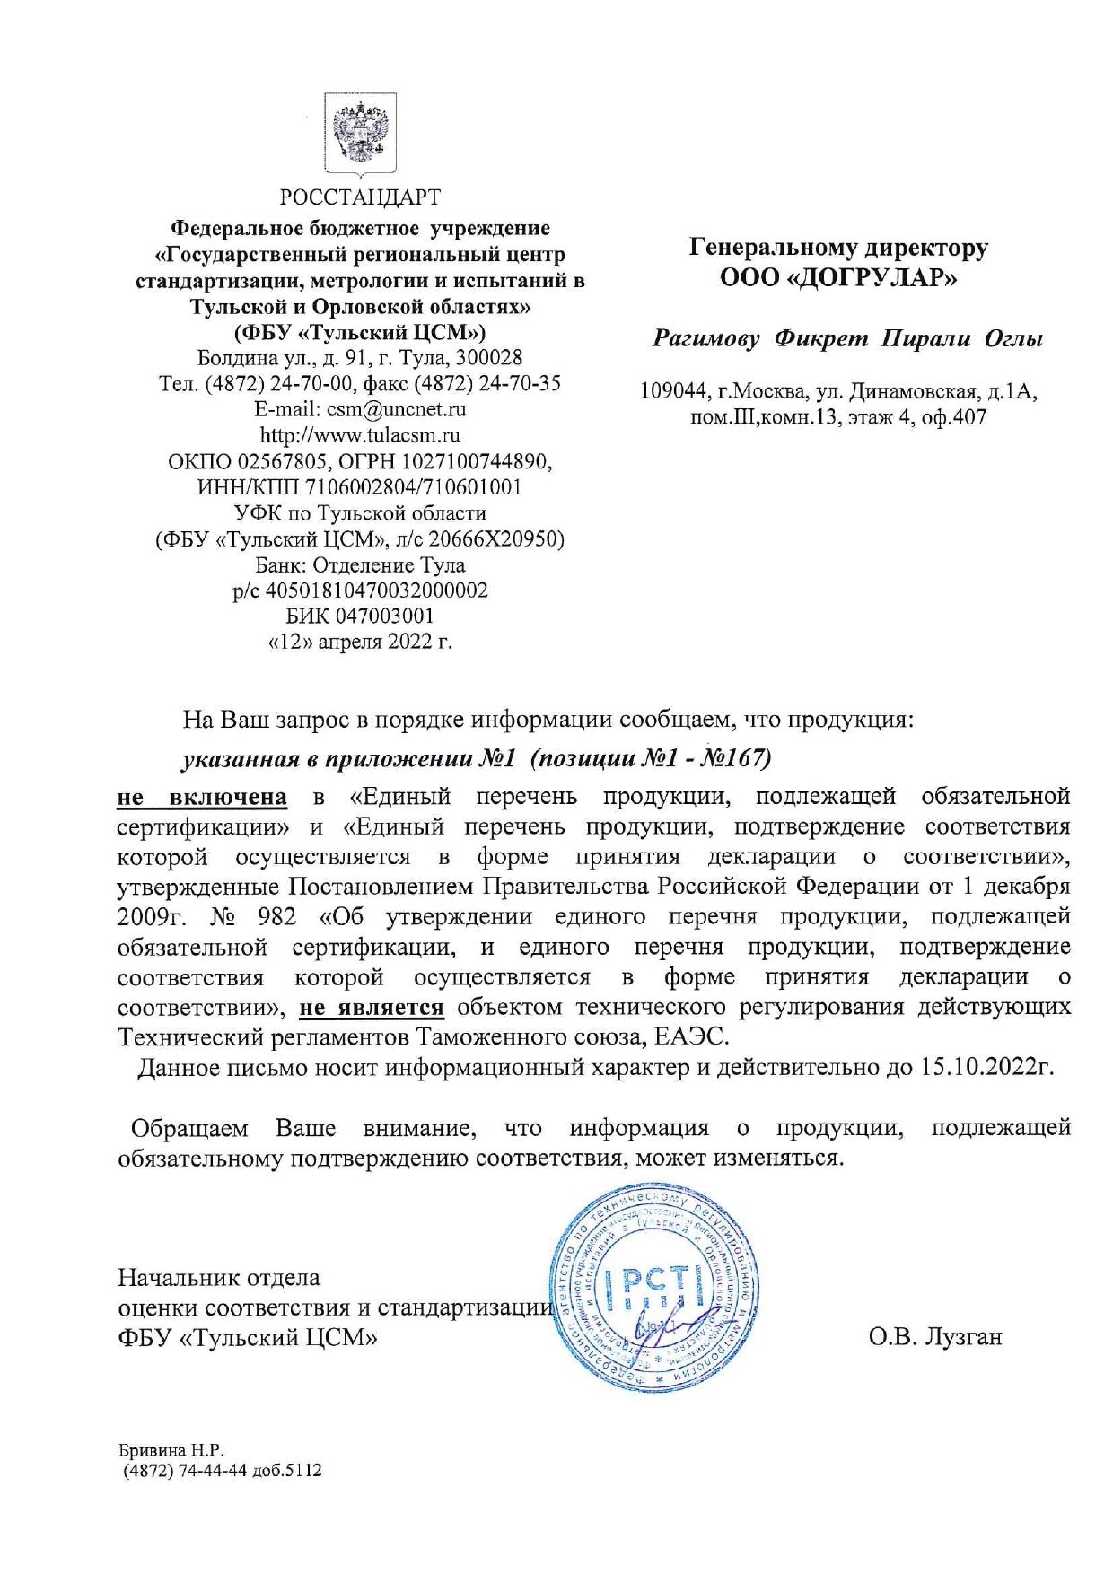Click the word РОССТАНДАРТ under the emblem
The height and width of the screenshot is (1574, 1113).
point(360,197)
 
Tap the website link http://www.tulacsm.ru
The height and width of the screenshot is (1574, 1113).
point(360,436)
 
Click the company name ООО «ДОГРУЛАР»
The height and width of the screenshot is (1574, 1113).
point(838,277)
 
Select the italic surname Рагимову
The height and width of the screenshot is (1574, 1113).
point(705,339)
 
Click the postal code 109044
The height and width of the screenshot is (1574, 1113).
point(672,392)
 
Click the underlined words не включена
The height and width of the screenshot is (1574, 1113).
point(202,797)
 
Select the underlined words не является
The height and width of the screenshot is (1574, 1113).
point(372,1007)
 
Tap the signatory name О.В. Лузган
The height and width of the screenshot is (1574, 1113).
point(934,1337)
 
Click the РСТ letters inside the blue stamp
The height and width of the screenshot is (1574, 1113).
point(653,1289)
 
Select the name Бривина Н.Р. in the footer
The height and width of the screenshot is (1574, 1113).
point(171,1450)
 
